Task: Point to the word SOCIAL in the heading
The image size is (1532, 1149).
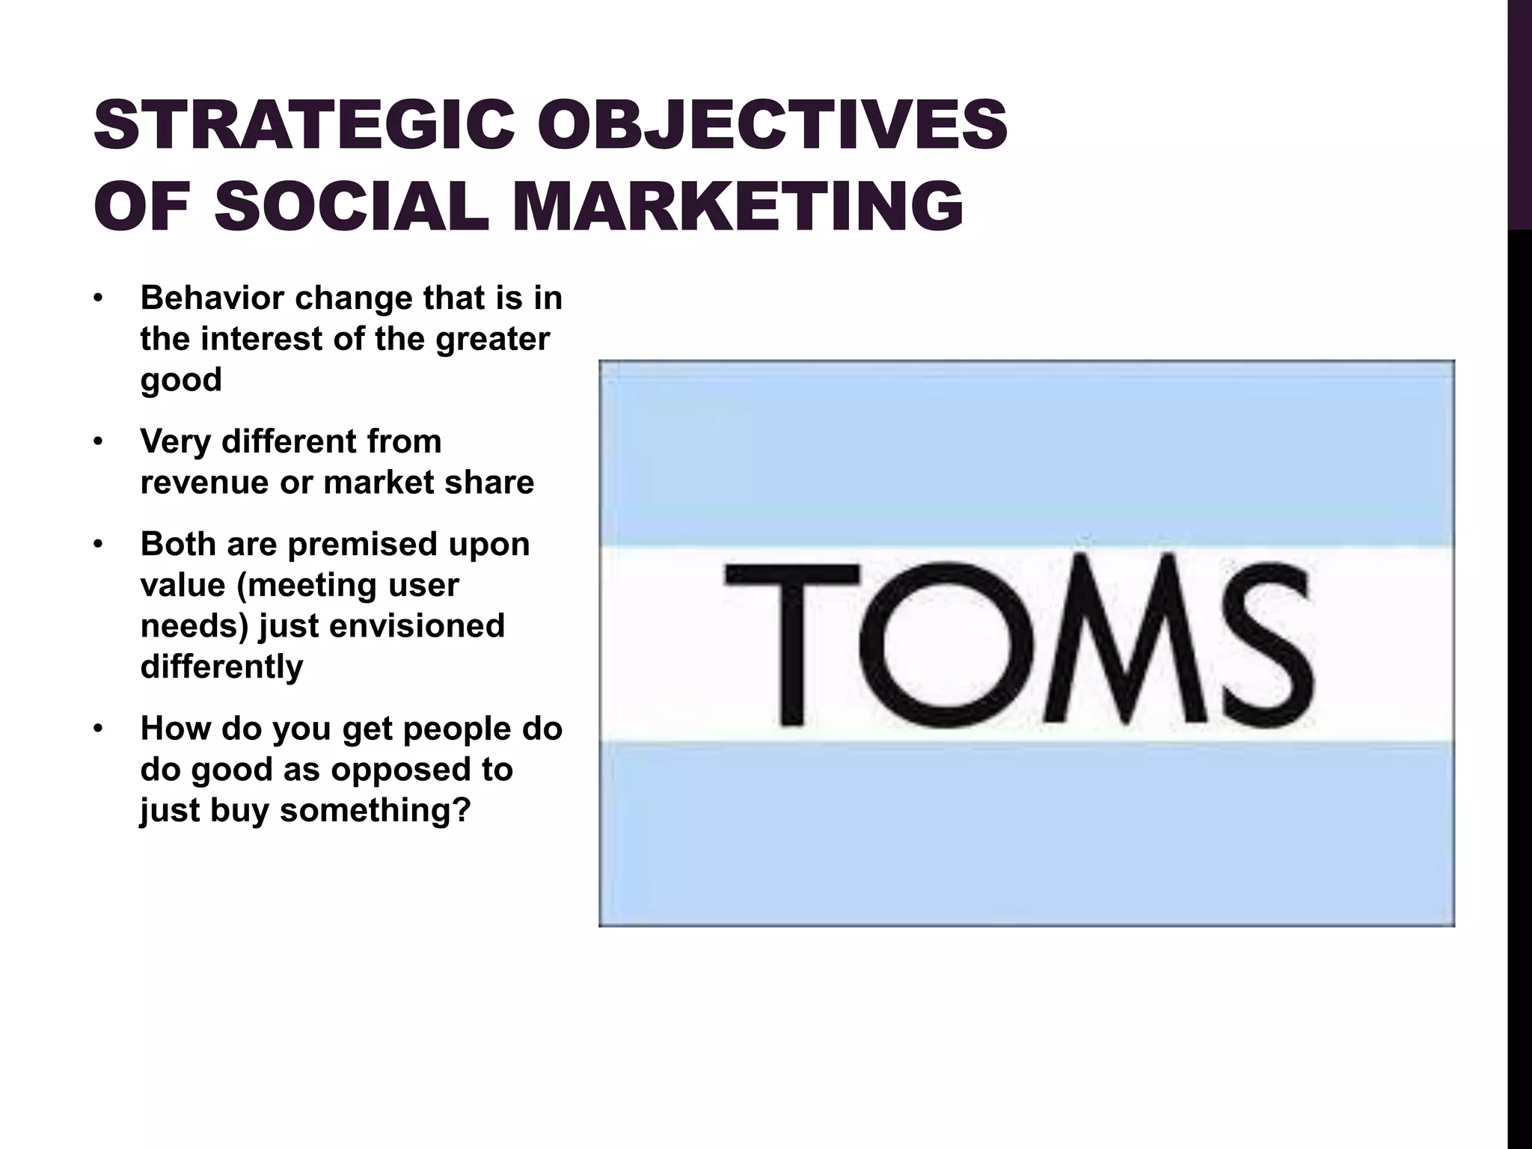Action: tap(352, 206)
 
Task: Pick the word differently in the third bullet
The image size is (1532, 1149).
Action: tap(221, 667)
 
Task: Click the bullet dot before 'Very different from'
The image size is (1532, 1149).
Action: tap(97, 442)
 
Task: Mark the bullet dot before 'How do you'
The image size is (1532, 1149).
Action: tap(97, 729)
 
